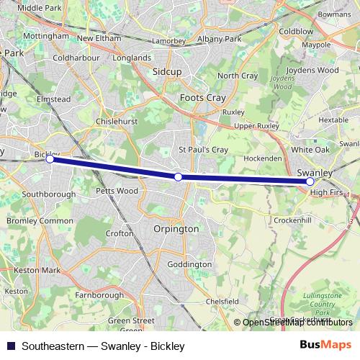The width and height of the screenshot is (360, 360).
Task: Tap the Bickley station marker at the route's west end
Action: pos(50,160)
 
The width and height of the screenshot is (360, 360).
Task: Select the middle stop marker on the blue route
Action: pos(178,176)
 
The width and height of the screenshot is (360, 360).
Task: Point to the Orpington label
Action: pos(176,228)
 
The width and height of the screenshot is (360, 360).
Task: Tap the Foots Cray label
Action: pos(203,98)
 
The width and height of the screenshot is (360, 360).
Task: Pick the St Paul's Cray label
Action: pos(203,150)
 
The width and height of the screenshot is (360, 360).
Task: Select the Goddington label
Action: pos(189,264)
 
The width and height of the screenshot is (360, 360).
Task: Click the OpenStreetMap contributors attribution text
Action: pos(297,323)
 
